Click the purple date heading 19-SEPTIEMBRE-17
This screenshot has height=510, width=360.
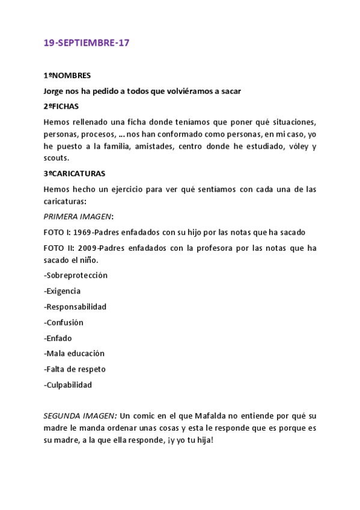[x=87, y=43]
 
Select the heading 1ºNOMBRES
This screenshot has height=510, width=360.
[x=67, y=76]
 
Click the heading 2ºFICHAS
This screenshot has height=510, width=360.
[x=61, y=106]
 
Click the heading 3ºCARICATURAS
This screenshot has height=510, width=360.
[x=75, y=174]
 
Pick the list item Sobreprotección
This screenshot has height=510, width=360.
[x=76, y=275]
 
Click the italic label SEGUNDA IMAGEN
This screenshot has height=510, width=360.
[x=80, y=416]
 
